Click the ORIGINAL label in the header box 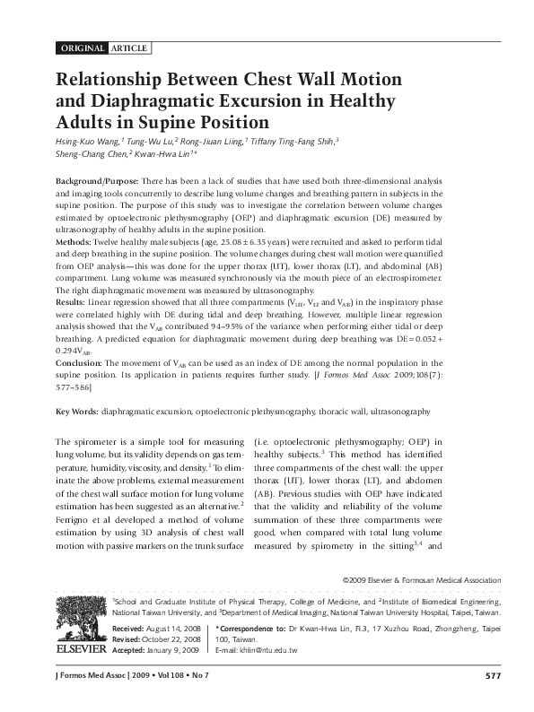pos(82,48)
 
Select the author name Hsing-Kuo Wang pos(86,141)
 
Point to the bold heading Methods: pos(74,242)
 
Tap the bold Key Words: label pos(76,411)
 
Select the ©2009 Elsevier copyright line pos(421,580)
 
